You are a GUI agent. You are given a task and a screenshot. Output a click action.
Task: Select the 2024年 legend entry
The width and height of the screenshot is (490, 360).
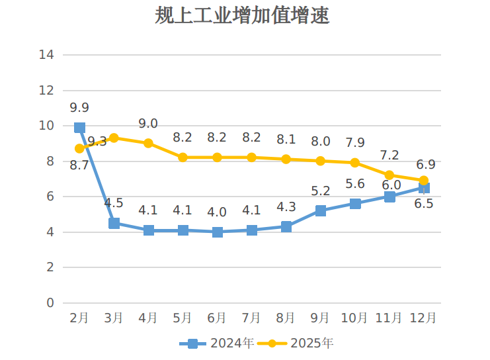click(217, 343)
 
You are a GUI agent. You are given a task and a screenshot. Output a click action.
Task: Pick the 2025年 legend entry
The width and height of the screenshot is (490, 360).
click(297, 343)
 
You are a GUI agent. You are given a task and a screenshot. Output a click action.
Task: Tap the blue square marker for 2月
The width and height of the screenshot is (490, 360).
click(79, 128)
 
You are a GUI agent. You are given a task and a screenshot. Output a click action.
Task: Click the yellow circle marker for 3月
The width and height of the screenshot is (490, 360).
click(114, 138)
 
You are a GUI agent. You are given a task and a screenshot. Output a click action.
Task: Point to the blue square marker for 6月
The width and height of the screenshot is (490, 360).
click(218, 232)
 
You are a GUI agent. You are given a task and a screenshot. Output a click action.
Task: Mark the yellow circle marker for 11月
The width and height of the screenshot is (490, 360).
click(389, 175)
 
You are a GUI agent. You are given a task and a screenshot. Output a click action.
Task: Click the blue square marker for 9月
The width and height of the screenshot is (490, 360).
click(321, 210)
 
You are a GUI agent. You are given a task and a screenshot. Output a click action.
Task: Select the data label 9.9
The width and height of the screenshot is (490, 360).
click(79, 107)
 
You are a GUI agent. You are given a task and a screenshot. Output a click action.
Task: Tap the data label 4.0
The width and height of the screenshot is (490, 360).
click(217, 212)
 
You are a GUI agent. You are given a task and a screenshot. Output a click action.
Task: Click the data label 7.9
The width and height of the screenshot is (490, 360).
click(355, 142)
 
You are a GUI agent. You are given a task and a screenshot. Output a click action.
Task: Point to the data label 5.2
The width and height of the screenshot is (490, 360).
click(321, 191)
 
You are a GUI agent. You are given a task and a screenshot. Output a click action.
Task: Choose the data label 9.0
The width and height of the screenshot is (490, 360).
click(148, 123)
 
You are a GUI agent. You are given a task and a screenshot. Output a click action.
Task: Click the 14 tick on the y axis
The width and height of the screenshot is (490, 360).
click(46, 54)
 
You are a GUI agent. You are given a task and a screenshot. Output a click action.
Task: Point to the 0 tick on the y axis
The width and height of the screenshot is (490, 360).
click(50, 303)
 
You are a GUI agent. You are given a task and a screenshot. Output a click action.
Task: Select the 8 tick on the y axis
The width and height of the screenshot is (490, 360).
click(50, 161)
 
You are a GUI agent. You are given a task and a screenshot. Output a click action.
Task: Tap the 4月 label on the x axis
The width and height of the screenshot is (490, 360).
click(148, 318)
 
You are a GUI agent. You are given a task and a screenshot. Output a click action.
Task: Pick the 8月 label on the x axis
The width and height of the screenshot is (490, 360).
click(286, 318)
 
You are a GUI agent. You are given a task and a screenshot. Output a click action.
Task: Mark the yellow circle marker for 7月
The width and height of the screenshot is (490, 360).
click(252, 157)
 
